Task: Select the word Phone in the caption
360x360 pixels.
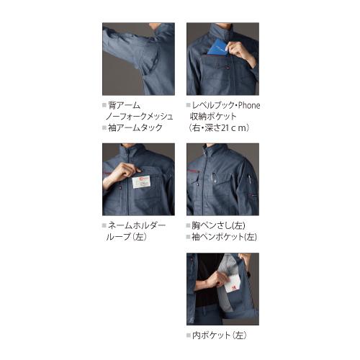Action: point(246,105)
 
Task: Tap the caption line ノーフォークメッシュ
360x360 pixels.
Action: point(140,117)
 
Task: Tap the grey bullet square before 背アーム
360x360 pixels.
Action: point(104,105)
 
